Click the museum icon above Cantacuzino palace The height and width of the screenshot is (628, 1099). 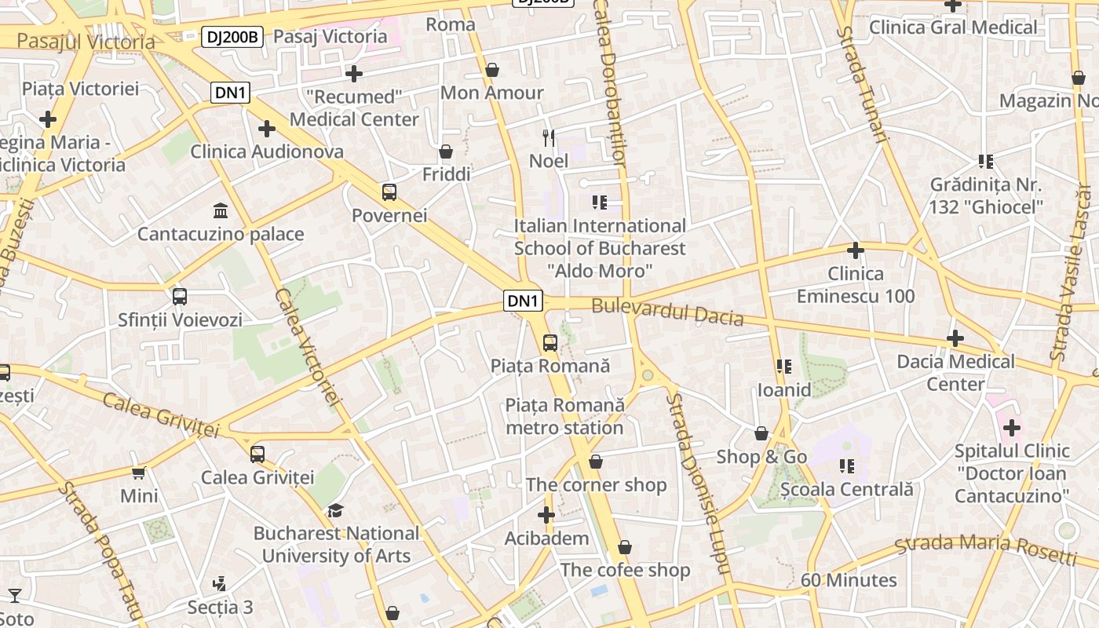221,211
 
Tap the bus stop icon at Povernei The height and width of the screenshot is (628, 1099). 389,192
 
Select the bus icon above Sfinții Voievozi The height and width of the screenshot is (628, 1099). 180,297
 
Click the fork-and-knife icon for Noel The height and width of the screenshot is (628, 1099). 549,138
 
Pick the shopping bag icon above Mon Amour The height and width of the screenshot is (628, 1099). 492,70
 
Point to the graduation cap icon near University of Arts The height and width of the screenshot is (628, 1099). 335,510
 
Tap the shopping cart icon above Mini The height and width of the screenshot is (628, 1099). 139,473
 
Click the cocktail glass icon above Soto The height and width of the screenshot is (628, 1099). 15,595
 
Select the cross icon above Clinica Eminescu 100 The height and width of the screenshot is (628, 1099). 856,250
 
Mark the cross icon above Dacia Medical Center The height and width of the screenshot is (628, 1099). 955,338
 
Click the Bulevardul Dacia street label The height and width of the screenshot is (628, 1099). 667,312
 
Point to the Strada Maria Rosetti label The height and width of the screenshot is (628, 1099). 986,549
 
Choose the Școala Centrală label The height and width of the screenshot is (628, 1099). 847,490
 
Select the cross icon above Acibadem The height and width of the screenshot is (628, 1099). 546,515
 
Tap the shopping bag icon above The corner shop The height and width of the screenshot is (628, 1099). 596,462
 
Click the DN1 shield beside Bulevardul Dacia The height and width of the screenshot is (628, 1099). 523,301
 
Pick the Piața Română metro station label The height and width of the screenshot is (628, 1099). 564,416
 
